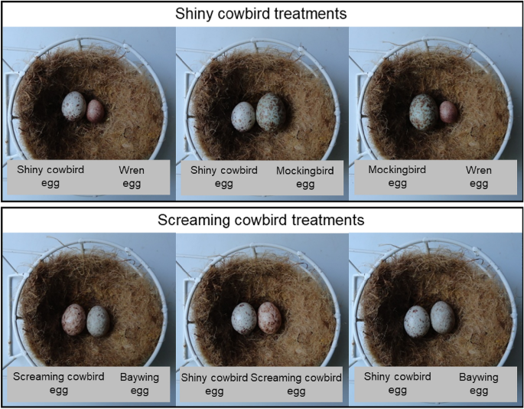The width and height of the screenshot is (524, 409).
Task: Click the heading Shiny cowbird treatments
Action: tap(262, 14)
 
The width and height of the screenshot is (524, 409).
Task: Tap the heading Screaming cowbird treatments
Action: tap(262, 221)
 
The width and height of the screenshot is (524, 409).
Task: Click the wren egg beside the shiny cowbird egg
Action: tap(95, 111)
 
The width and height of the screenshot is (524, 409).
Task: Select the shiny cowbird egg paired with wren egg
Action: tap(74, 106)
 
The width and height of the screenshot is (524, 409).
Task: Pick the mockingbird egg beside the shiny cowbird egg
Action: tap(271, 111)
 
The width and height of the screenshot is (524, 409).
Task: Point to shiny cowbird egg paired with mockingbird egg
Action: tap(244, 116)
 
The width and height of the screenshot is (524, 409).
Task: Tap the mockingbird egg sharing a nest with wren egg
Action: tap(423, 111)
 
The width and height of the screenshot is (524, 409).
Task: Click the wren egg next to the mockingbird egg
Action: tap(448, 112)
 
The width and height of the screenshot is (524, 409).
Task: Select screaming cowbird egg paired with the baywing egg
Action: tap(74, 319)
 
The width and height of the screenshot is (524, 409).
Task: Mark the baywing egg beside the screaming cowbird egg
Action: tap(98, 320)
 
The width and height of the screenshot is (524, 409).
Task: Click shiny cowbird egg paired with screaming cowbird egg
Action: tap(244, 317)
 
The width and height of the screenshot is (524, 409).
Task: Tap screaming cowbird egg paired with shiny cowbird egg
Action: tap(269, 317)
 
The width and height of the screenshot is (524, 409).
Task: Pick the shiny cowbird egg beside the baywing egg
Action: tap(417, 321)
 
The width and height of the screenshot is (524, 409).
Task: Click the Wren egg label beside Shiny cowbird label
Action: tap(132, 176)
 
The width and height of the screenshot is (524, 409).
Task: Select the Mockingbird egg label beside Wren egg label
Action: tap(397, 176)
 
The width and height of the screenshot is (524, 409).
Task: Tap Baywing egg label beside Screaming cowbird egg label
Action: tap(138, 384)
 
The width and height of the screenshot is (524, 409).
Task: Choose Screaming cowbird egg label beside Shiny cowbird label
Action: tap(296, 384)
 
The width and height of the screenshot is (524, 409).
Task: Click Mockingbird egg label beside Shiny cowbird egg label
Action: tap(305, 176)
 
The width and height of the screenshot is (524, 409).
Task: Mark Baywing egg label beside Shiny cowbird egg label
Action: tap(478, 384)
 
